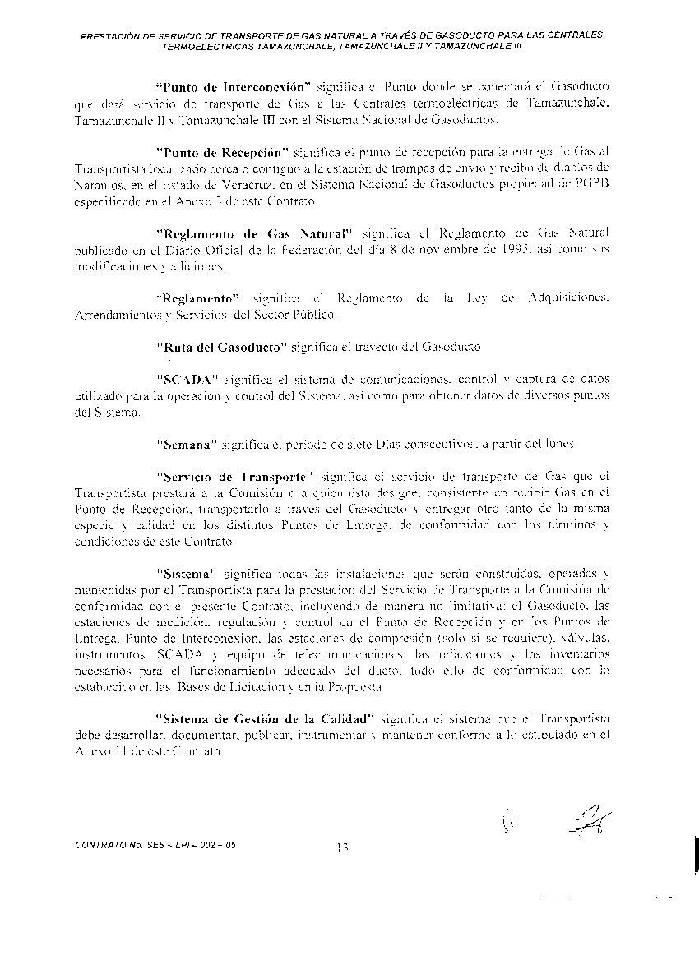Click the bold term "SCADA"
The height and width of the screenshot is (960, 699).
point(189,379)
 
